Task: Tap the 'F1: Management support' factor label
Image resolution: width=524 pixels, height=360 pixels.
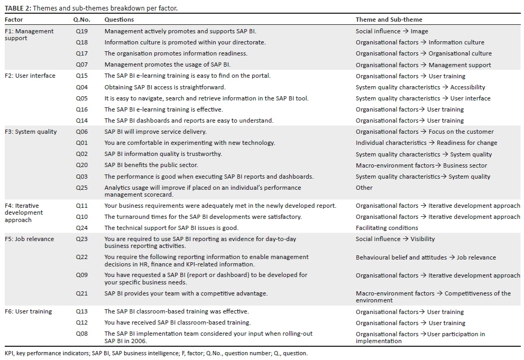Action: click(x=29, y=35)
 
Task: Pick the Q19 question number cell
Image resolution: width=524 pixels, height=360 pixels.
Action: click(x=81, y=31)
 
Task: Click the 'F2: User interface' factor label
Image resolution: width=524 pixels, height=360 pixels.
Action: click(x=30, y=76)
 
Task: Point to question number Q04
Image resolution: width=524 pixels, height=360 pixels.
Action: click(x=81, y=87)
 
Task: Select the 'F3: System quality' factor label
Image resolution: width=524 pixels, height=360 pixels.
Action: click(x=31, y=132)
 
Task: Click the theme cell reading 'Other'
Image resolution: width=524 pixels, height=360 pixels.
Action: click(x=364, y=188)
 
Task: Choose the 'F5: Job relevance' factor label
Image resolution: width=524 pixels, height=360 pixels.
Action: click(x=29, y=239)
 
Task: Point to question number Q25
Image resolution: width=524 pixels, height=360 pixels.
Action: click(x=81, y=188)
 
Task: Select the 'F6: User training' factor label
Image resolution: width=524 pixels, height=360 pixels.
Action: click(x=29, y=311)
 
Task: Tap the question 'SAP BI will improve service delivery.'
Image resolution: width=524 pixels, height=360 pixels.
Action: click(x=155, y=132)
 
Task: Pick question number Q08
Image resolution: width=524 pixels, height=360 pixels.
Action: click(x=81, y=334)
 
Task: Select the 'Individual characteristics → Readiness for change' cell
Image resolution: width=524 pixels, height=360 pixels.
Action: click(x=426, y=143)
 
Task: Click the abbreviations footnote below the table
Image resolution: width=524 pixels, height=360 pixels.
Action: click(x=156, y=353)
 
